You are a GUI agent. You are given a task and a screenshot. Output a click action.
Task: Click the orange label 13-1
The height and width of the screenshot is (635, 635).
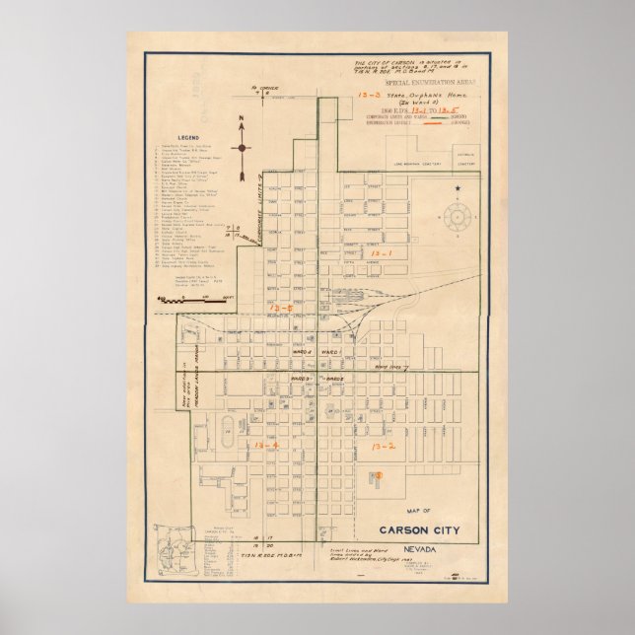pyautogui.click(x=381, y=253)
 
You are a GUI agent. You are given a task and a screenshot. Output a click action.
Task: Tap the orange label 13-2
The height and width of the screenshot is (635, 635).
pyautogui.click(x=383, y=447)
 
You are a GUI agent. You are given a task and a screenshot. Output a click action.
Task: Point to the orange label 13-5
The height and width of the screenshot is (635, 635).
pyautogui.click(x=281, y=310)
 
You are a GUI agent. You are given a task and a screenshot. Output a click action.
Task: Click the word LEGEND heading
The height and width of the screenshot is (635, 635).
pyautogui.click(x=188, y=137)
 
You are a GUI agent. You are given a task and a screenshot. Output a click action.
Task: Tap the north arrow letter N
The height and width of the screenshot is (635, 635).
pyautogui.click(x=241, y=122)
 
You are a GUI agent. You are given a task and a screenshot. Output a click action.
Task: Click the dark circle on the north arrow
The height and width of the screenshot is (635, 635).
pyautogui.click(x=242, y=148)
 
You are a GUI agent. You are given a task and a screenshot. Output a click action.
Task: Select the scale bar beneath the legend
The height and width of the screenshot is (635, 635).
pyautogui.click(x=183, y=297)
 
